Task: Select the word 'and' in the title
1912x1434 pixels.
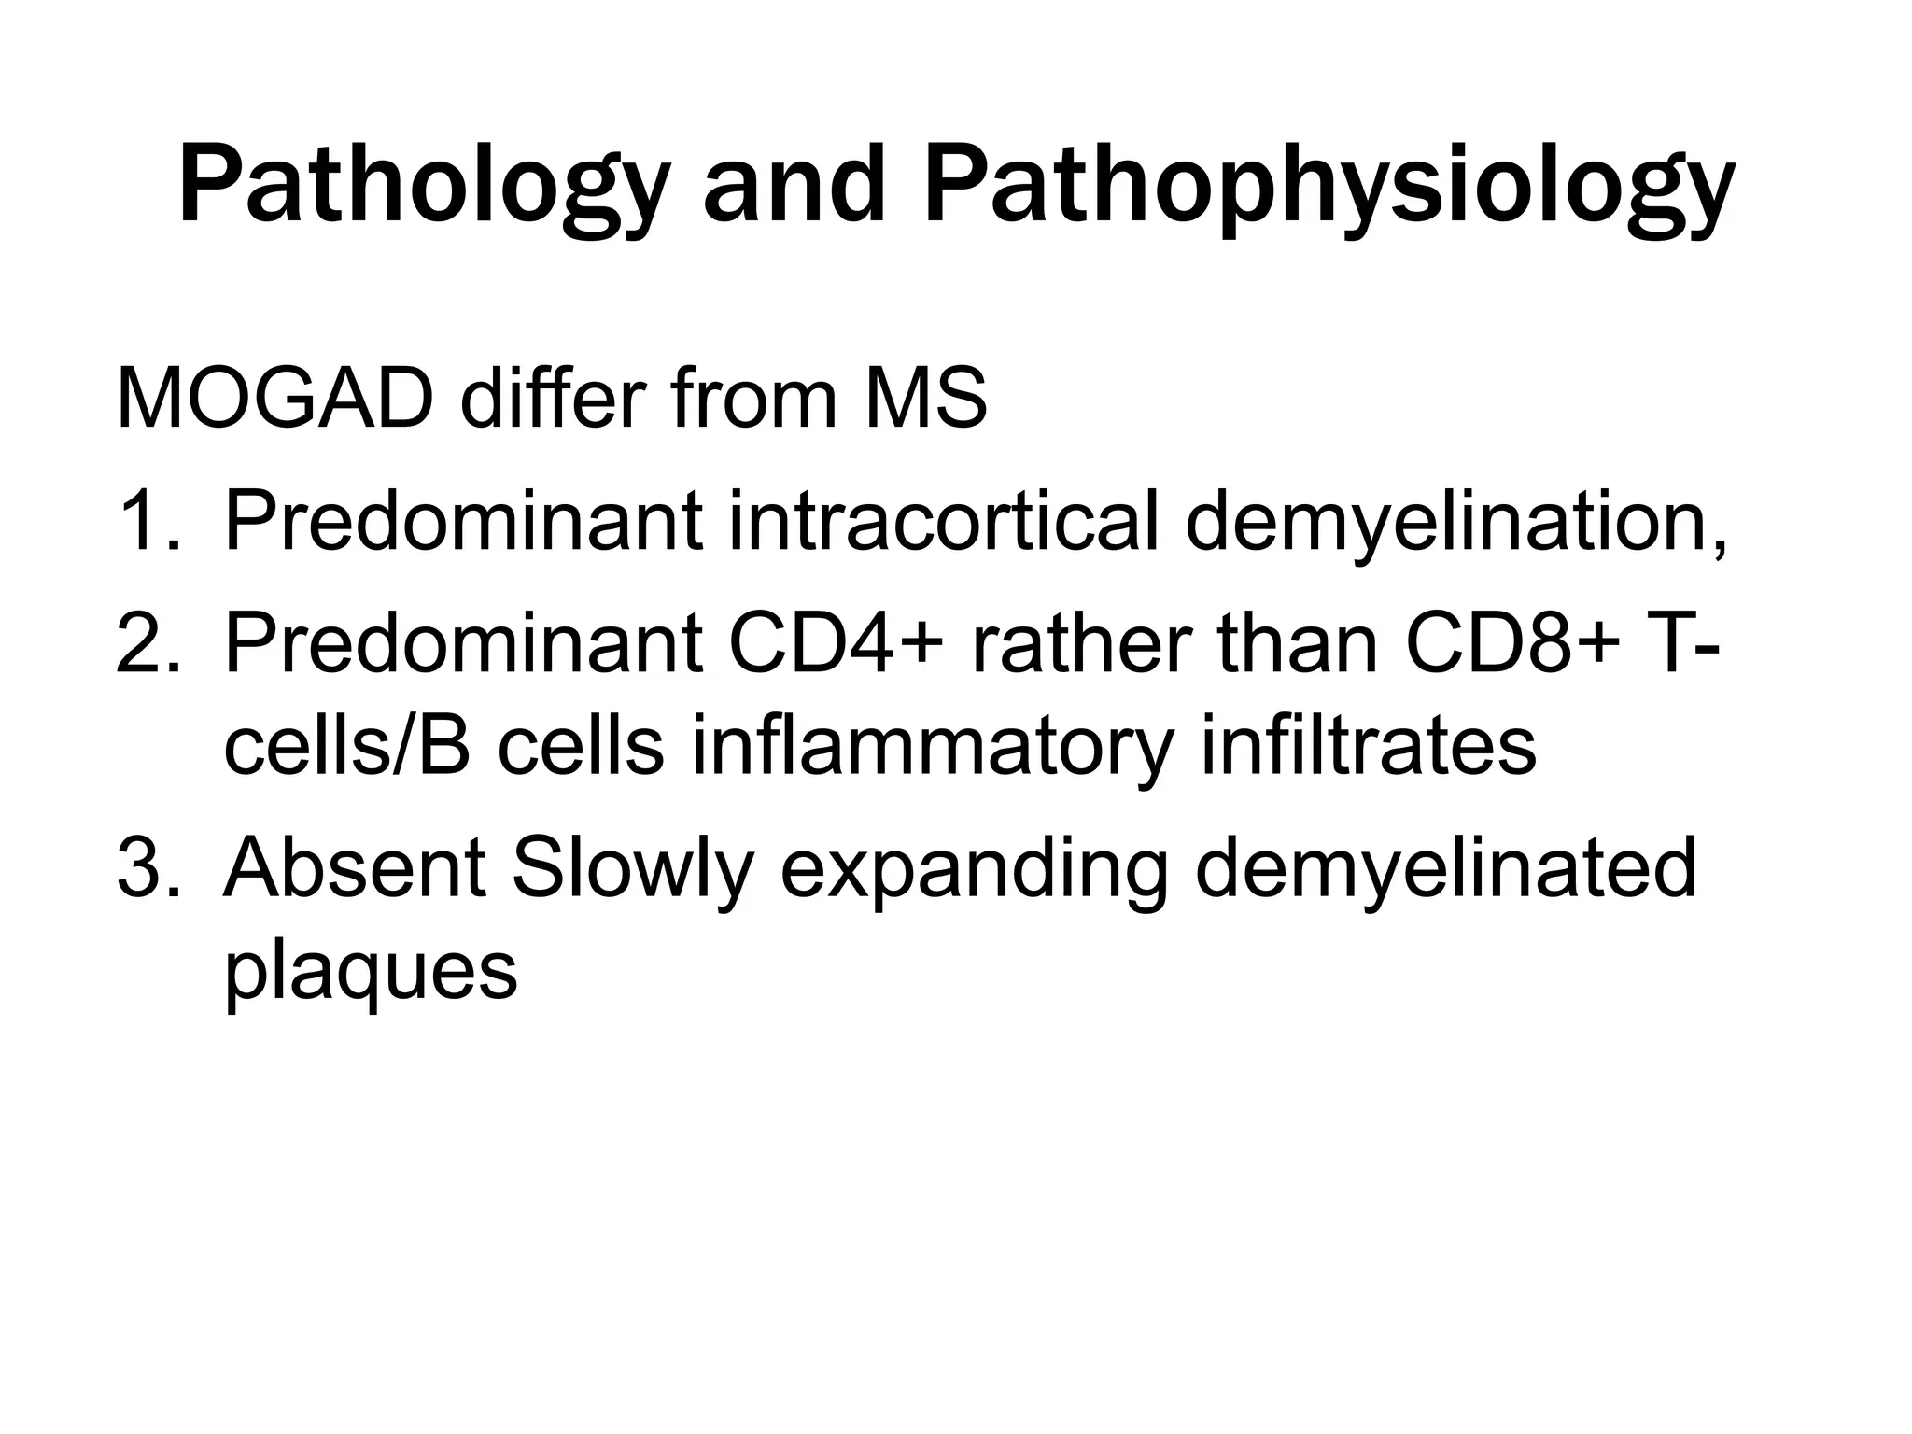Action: click(793, 187)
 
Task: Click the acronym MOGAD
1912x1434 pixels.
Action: click(275, 399)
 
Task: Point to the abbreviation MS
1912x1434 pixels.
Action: click(924, 399)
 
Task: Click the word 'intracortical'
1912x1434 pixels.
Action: click(944, 522)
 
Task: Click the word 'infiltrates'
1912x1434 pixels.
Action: click(1369, 746)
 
